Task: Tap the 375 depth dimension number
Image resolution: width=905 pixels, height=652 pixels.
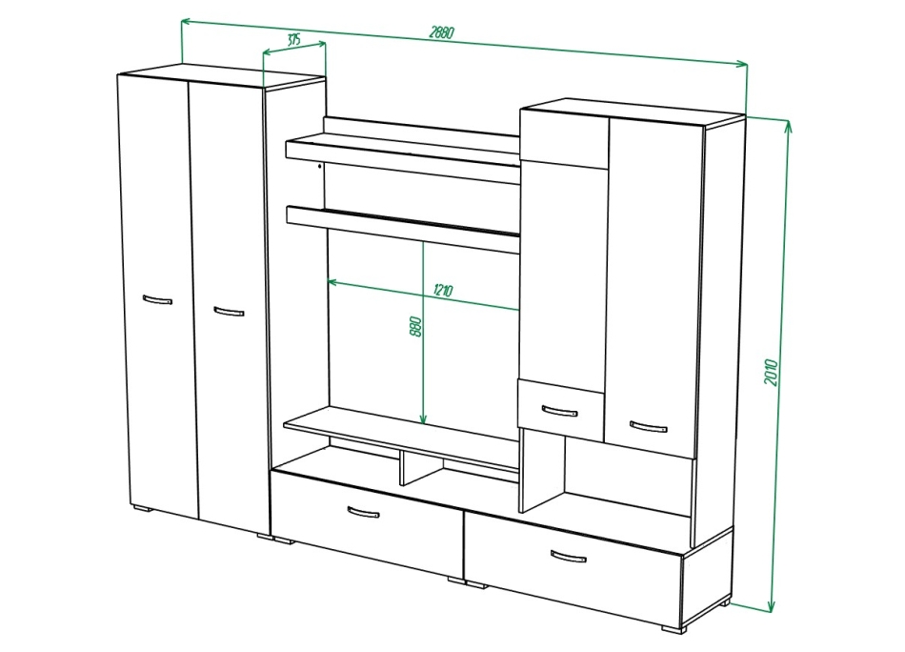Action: pyautogui.click(x=293, y=40)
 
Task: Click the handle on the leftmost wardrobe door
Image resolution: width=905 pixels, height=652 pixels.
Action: pyautogui.click(x=156, y=300)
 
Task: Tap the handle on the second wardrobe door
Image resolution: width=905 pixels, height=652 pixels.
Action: pyautogui.click(x=229, y=311)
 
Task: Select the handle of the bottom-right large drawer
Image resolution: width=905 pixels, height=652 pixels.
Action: pyautogui.click(x=569, y=556)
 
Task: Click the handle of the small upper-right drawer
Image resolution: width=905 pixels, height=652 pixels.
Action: pyautogui.click(x=559, y=411)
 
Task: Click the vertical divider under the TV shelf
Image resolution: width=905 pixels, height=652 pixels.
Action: pyautogui.click(x=401, y=468)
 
